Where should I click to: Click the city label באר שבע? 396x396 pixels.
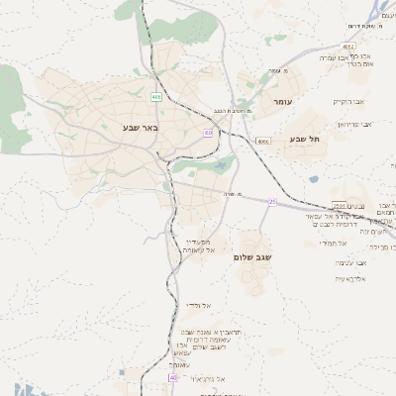(141, 128)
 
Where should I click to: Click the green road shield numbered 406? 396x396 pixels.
(156, 97)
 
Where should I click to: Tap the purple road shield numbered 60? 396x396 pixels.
(208, 132)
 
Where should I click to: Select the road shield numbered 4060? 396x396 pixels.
(262, 142)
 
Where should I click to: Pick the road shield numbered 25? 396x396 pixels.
(273, 202)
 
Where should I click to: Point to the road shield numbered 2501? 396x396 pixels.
(339, 204)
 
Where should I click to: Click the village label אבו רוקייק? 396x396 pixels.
(347, 101)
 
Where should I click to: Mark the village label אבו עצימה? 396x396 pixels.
(352, 262)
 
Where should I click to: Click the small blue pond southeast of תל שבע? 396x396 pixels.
(313, 179)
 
